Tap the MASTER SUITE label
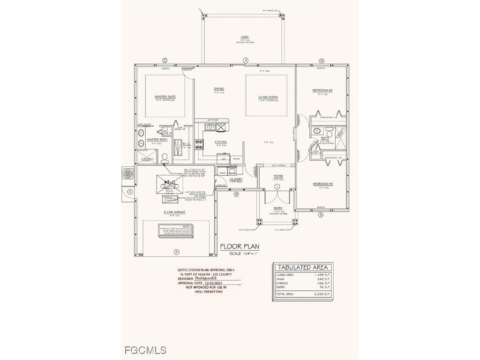pyautogui.click(x=165, y=97)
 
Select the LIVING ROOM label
pyautogui.click(x=268, y=97)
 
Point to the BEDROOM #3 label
pyautogui.click(x=322, y=90)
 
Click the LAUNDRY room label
pyautogui.click(x=235, y=179)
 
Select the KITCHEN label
pyautogui.click(x=221, y=142)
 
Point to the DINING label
pyautogui.click(x=219, y=89)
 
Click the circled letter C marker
pyautogui.click(x=165, y=60)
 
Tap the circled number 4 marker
pyautogui.click(x=245, y=60)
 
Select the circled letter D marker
pyautogui.click(x=321, y=61)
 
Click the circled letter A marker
pyautogui.click(x=321, y=214)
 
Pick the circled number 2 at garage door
pyautogui.click(x=176, y=252)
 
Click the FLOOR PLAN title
pyautogui.click(x=240, y=247)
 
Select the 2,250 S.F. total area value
pyautogui.click(x=322, y=294)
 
